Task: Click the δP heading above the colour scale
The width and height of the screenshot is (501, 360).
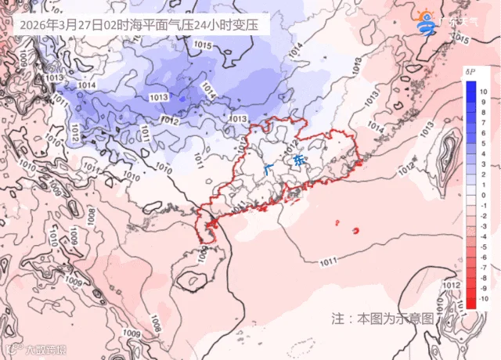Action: (x=471, y=72)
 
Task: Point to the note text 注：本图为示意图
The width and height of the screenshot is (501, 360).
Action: (x=382, y=319)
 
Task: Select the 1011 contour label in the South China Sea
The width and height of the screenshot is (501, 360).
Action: (x=328, y=260)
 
